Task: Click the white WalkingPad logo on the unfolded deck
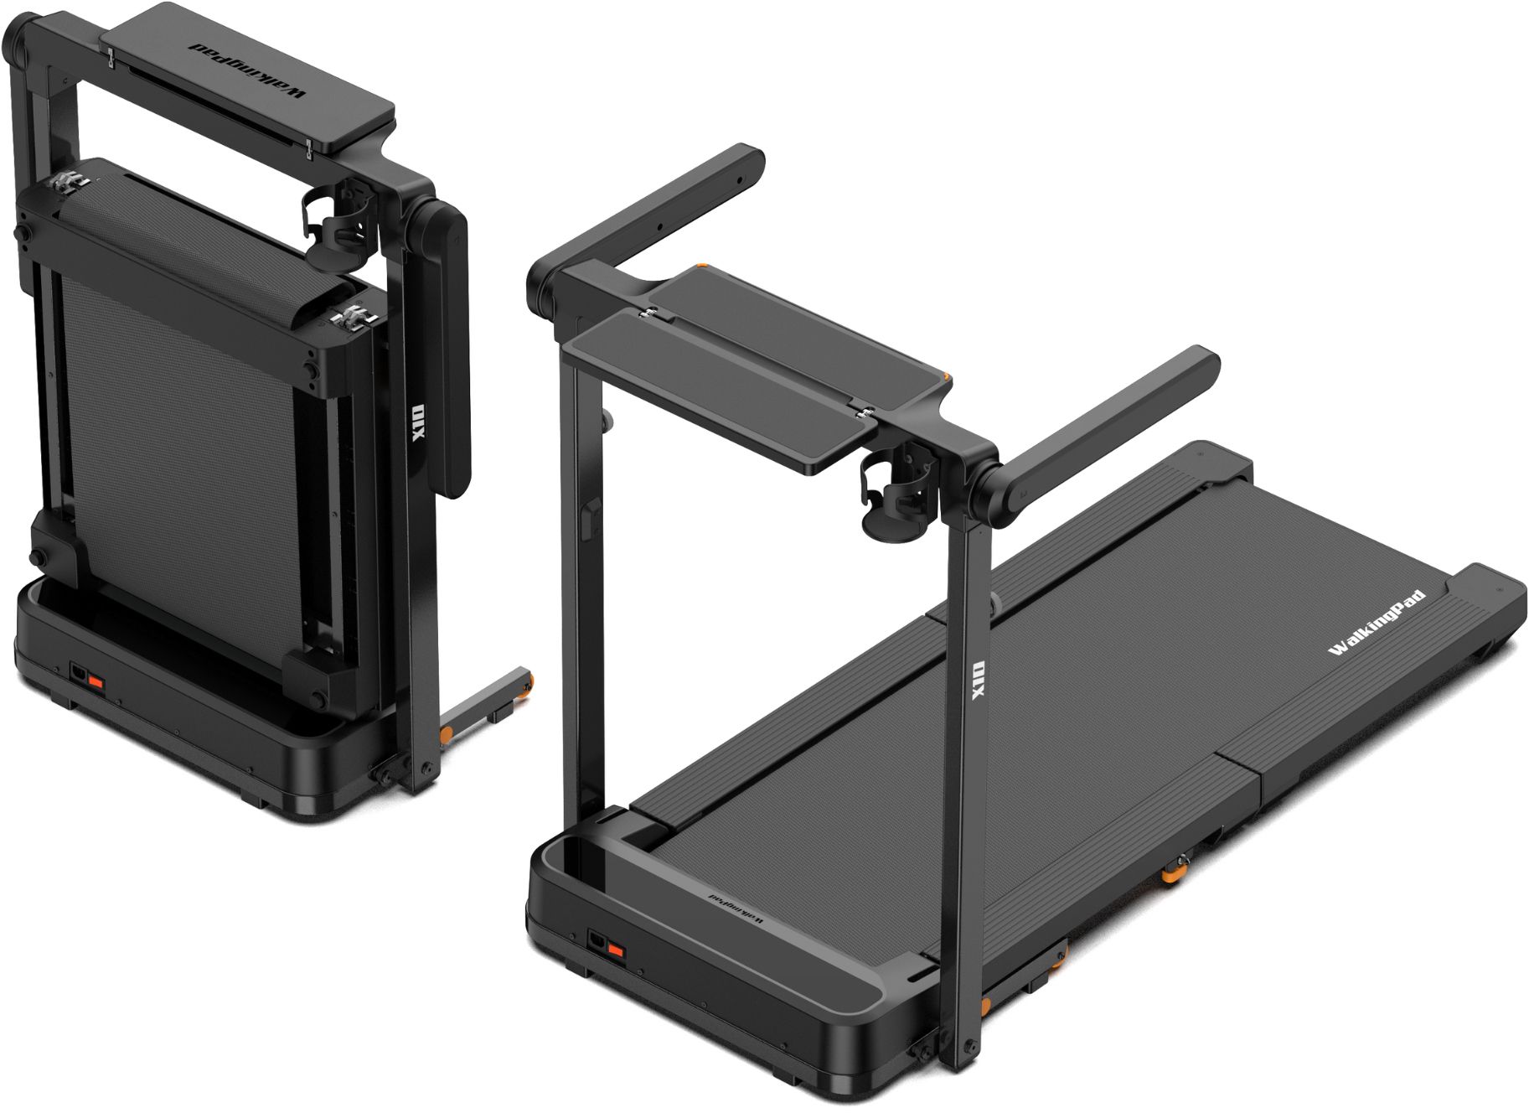click(1377, 624)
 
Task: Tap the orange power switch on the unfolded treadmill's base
click(614, 950)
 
